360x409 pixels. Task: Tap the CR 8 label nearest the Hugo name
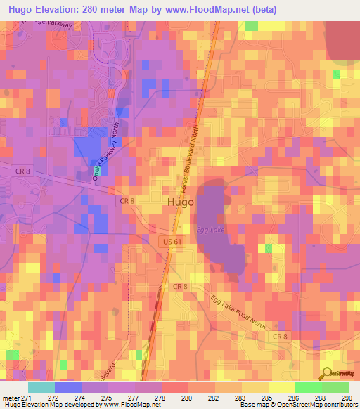coord(127,201)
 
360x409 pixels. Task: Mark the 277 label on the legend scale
coord(129,397)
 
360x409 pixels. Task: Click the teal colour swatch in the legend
coord(41,387)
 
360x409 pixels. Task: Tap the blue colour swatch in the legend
coord(67,387)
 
